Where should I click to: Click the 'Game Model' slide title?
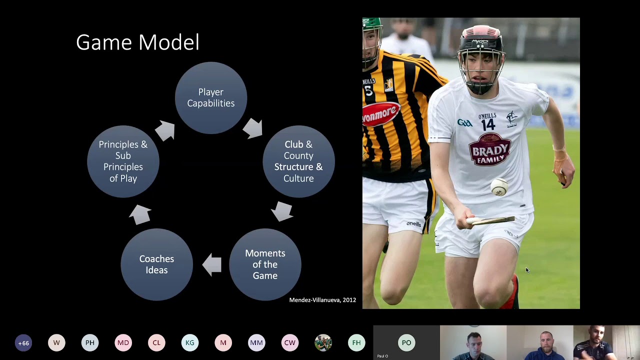click(x=137, y=42)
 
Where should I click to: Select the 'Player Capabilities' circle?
click(x=210, y=98)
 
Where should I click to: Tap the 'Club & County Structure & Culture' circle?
click(x=298, y=161)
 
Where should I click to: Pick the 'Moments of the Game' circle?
click(x=265, y=264)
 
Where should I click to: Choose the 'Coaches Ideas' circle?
click(x=156, y=264)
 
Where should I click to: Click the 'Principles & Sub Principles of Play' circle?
click(x=123, y=161)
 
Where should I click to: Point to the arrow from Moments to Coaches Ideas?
click(x=212, y=264)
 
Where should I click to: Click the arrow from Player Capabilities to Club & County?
click(x=253, y=128)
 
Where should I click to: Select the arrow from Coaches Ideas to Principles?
click(x=140, y=214)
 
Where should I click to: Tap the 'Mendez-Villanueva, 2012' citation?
click(x=322, y=300)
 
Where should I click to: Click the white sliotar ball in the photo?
click(x=499, y=187)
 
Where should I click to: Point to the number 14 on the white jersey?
click(x=488, y=125)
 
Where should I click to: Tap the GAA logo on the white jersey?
click(x=464, y=123)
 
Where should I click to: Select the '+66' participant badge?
click(x=23, y=343)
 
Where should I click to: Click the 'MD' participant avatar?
click(x=123, y=343)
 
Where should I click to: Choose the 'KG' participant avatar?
click(x=190, y=343)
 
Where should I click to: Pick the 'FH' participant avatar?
click(x=356, y=343)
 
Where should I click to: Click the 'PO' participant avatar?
click(x=406, y=343)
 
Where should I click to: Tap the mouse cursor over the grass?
click(x=526, y=270)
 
